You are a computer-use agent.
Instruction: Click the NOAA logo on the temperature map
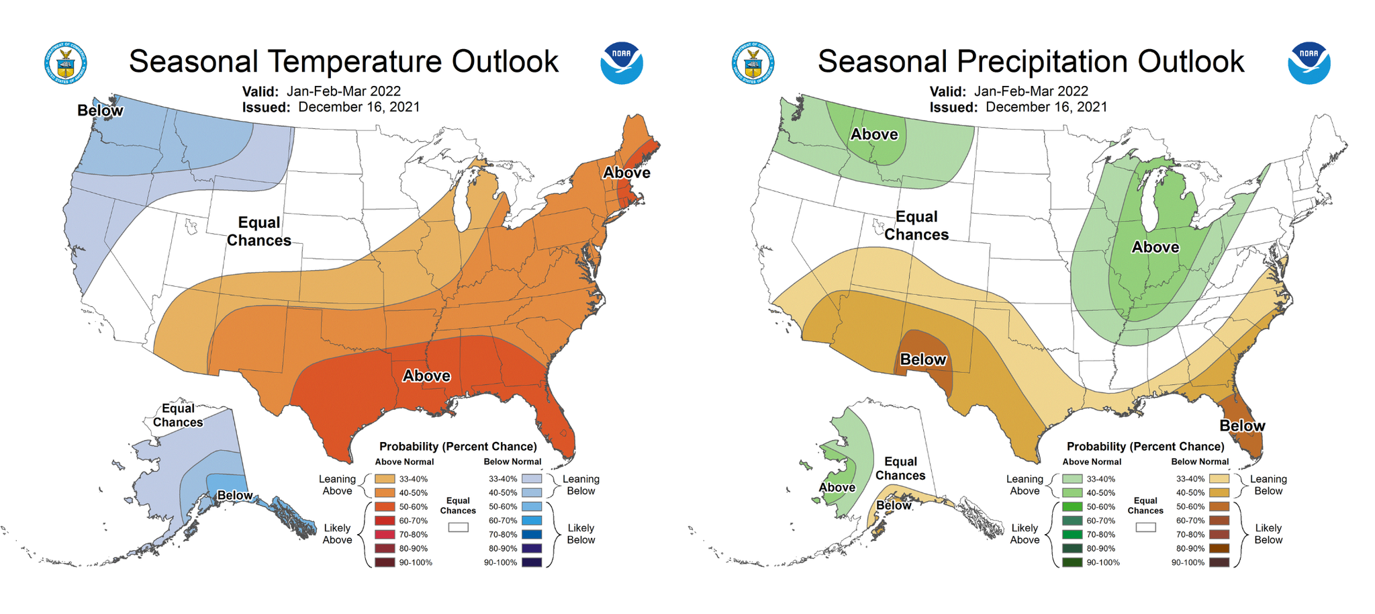click(x=621, y=63)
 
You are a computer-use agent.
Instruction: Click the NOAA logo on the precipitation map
click(x=1309, y=63)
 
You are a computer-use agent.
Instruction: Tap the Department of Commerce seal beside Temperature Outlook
click(x=66, y=63)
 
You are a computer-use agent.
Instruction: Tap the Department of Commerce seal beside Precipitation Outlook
click(x=753, y=63)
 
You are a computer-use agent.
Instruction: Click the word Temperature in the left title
click(x=355, y=62)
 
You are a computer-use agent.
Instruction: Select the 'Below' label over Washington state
click(x=100, y=111)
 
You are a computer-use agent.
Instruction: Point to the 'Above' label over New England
click(x=626, y=173)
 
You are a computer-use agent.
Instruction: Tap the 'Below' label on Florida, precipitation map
click(x=1242, y=426)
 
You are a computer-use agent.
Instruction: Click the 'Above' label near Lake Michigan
click(x=1155, y=247)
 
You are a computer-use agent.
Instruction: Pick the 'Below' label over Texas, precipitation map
click(x=923, y=359)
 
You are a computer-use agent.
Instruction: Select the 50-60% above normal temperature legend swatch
click(x=385, y=507)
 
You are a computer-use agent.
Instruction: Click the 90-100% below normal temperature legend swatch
click(x=532, y=562)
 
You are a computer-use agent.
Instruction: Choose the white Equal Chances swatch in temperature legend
click(x=458, y=528)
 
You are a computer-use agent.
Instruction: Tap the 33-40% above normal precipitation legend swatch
click(x=1072, y=479)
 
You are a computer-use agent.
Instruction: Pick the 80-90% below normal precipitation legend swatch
click(x=1219, y=548)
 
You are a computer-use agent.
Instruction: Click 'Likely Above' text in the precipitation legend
click(x=1025, y=534)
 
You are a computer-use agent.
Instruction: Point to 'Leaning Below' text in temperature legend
click(x=581, y=485)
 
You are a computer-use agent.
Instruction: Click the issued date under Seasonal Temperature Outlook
click(x=359, y=107)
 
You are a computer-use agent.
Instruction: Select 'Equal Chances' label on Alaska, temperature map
click(x=178, y=415)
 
